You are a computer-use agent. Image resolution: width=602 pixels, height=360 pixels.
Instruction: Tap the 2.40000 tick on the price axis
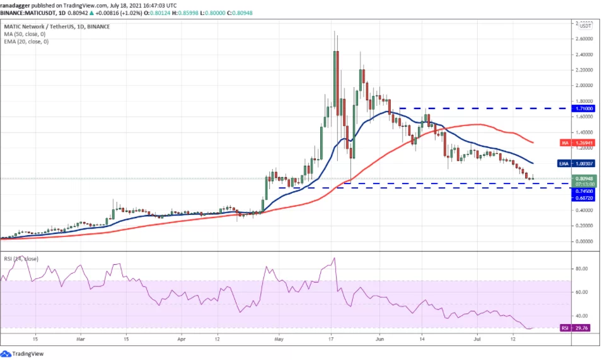click(x=583, y=54)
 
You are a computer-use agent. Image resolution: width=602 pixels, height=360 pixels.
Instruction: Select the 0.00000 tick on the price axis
click(x=583, y=241)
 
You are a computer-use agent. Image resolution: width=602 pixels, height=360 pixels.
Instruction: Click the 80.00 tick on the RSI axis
click(x=581, y=269)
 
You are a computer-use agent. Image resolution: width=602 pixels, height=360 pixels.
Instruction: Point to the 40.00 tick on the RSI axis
click(x=581, y=316)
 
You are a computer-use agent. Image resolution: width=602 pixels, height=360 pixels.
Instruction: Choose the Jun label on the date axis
click(x=379, y=339)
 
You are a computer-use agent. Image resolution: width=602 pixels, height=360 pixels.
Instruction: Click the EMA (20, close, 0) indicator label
click(x=26, y=42)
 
